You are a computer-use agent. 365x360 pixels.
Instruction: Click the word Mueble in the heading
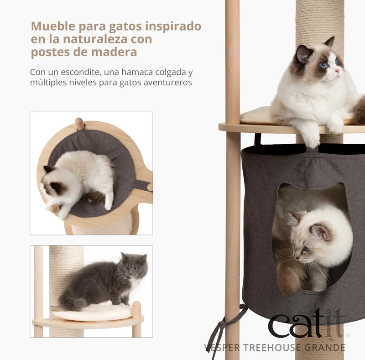click(x=53, y=26)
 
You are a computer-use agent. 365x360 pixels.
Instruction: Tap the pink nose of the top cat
click(x=337, y=70)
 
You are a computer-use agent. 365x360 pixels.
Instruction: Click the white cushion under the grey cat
click(x=93, y=312)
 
